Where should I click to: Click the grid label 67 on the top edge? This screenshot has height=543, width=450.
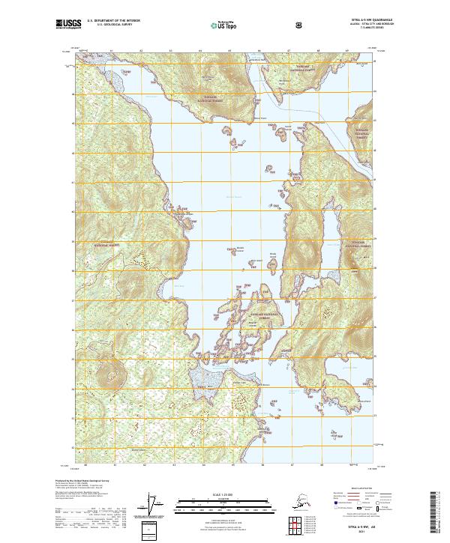289,51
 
